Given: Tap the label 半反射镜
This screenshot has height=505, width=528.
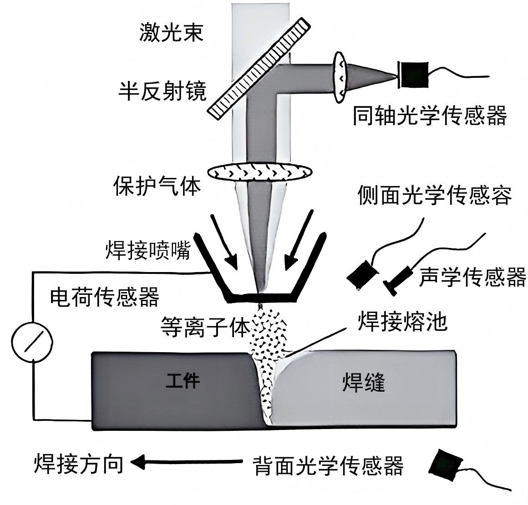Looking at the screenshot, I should tap(162, 91).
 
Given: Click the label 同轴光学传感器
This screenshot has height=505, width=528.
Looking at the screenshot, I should tap(430, 116).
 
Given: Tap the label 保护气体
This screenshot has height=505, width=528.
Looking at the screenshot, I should tap(157, 186).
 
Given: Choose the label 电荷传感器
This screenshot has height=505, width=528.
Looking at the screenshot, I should tap(104, 297).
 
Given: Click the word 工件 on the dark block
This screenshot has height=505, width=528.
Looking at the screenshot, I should tap(183, 381).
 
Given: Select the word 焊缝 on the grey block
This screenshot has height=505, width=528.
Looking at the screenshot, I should tap(363, 382).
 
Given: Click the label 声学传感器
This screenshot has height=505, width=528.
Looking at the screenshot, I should tap(472, 277).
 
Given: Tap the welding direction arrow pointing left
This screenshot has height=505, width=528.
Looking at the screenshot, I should tap(187, 463).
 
